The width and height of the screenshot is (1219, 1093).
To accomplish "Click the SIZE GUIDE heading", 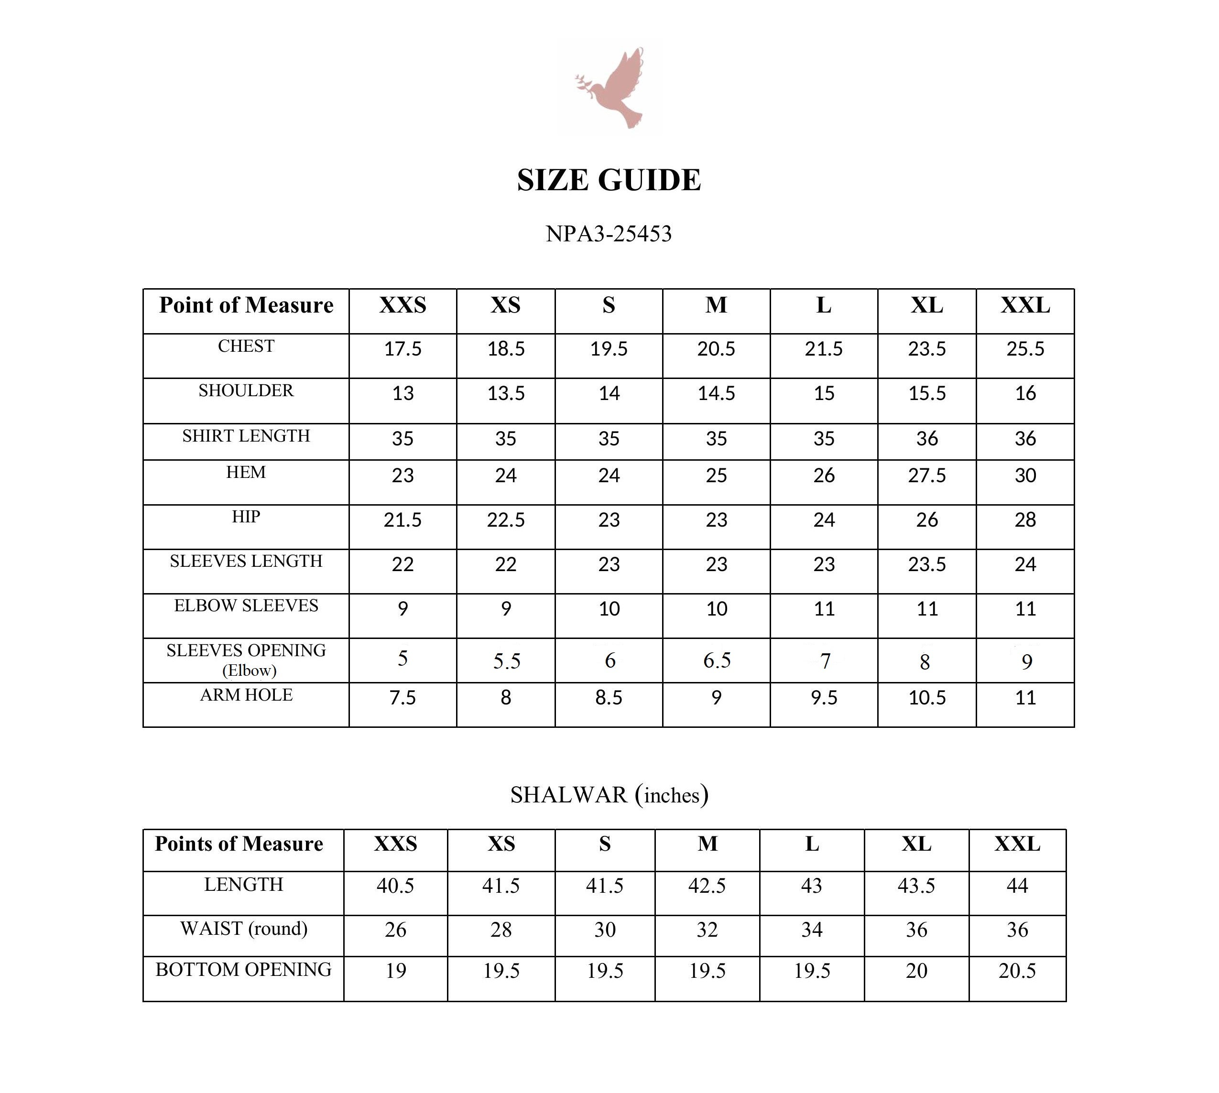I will click(x=609, y=180).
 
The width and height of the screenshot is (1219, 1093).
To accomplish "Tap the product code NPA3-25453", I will click(x=609, y=234).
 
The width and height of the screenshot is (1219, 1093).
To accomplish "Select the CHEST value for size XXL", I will click(x=1025, y=349).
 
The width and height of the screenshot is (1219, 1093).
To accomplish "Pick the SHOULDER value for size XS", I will click(x=505, y=393).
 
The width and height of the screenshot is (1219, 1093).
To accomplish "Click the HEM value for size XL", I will click(x=926, y=476).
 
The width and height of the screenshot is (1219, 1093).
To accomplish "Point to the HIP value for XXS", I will click(x=403, y=520).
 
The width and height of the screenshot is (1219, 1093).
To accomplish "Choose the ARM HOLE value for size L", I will click(x=824, y=698).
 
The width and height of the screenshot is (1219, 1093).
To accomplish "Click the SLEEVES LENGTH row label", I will click(x=246, y=562).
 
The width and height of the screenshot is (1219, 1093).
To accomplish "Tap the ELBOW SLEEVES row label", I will click(x=246, y=606).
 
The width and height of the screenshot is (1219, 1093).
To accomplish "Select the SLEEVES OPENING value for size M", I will click(x=717, y=660).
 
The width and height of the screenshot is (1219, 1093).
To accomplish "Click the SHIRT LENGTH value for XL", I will click(x=926, y=439).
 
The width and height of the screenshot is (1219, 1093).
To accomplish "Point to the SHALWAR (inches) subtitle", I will click(x=609, y=795).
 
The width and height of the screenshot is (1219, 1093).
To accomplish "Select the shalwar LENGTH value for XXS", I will click(x=395, y=886).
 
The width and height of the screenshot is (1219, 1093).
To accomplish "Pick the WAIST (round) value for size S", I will click(x=605, y=930).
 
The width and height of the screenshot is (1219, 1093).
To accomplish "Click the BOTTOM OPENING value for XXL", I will click(x=1017, y=971).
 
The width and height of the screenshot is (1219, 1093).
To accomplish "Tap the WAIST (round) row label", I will click(x=244, y=929).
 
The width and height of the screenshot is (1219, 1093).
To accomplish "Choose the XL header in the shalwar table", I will click(x=916, y=844).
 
